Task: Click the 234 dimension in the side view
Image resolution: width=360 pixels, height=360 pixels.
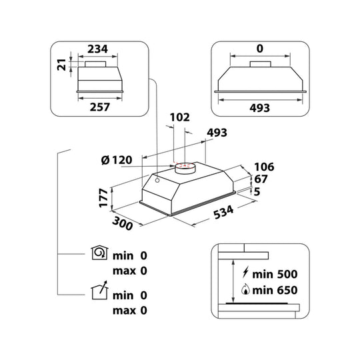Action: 97,49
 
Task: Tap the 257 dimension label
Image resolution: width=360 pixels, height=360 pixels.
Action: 100,107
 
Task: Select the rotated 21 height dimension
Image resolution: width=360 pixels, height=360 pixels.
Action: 62,65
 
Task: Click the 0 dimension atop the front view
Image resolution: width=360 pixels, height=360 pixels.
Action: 260,49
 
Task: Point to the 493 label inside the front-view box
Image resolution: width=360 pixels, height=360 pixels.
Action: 260,108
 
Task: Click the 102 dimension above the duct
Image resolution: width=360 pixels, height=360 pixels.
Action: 180,117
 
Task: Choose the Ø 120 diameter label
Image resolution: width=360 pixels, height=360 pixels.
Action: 117,160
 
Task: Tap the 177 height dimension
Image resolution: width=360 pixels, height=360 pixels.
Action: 103,198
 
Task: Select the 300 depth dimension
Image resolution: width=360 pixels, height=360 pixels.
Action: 123,223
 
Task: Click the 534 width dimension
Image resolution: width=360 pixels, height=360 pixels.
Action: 223,213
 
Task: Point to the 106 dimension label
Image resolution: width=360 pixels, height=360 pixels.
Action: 264,167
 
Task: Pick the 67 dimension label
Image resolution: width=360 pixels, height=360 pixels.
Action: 261,179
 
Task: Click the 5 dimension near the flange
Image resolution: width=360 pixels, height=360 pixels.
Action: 257,192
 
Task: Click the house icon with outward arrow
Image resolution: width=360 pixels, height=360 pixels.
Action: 99,290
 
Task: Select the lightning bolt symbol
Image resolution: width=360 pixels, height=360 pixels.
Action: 245,272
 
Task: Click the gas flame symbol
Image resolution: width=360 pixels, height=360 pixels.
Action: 245,289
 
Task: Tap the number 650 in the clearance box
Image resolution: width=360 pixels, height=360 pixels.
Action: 287,290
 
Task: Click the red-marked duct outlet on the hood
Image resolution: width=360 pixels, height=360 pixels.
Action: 185,167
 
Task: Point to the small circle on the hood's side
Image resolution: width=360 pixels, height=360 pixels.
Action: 157,181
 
